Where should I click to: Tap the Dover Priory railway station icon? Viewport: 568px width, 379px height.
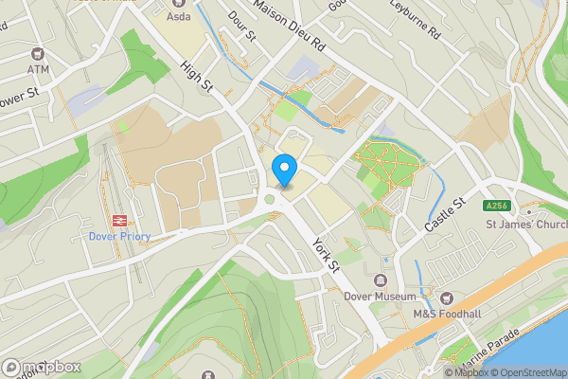120,220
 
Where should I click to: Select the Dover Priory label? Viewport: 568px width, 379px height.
120,237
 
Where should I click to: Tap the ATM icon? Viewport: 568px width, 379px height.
38,54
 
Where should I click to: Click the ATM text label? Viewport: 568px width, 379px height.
38,69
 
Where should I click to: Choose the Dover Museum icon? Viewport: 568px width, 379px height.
381,281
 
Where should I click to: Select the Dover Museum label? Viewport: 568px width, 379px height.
381,297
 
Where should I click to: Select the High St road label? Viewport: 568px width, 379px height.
197,76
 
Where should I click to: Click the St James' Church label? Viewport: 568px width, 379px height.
526,225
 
